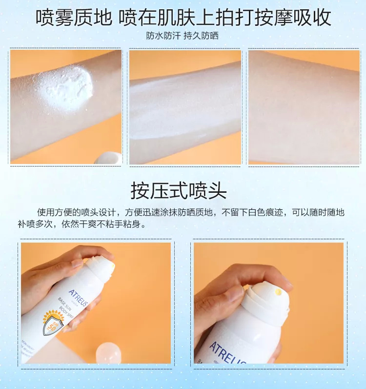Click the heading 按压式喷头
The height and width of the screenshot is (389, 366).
coord(179,190)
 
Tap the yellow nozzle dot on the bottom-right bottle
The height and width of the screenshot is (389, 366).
coord(278,292)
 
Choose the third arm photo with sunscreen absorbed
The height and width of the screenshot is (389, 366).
coord(304,107)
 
